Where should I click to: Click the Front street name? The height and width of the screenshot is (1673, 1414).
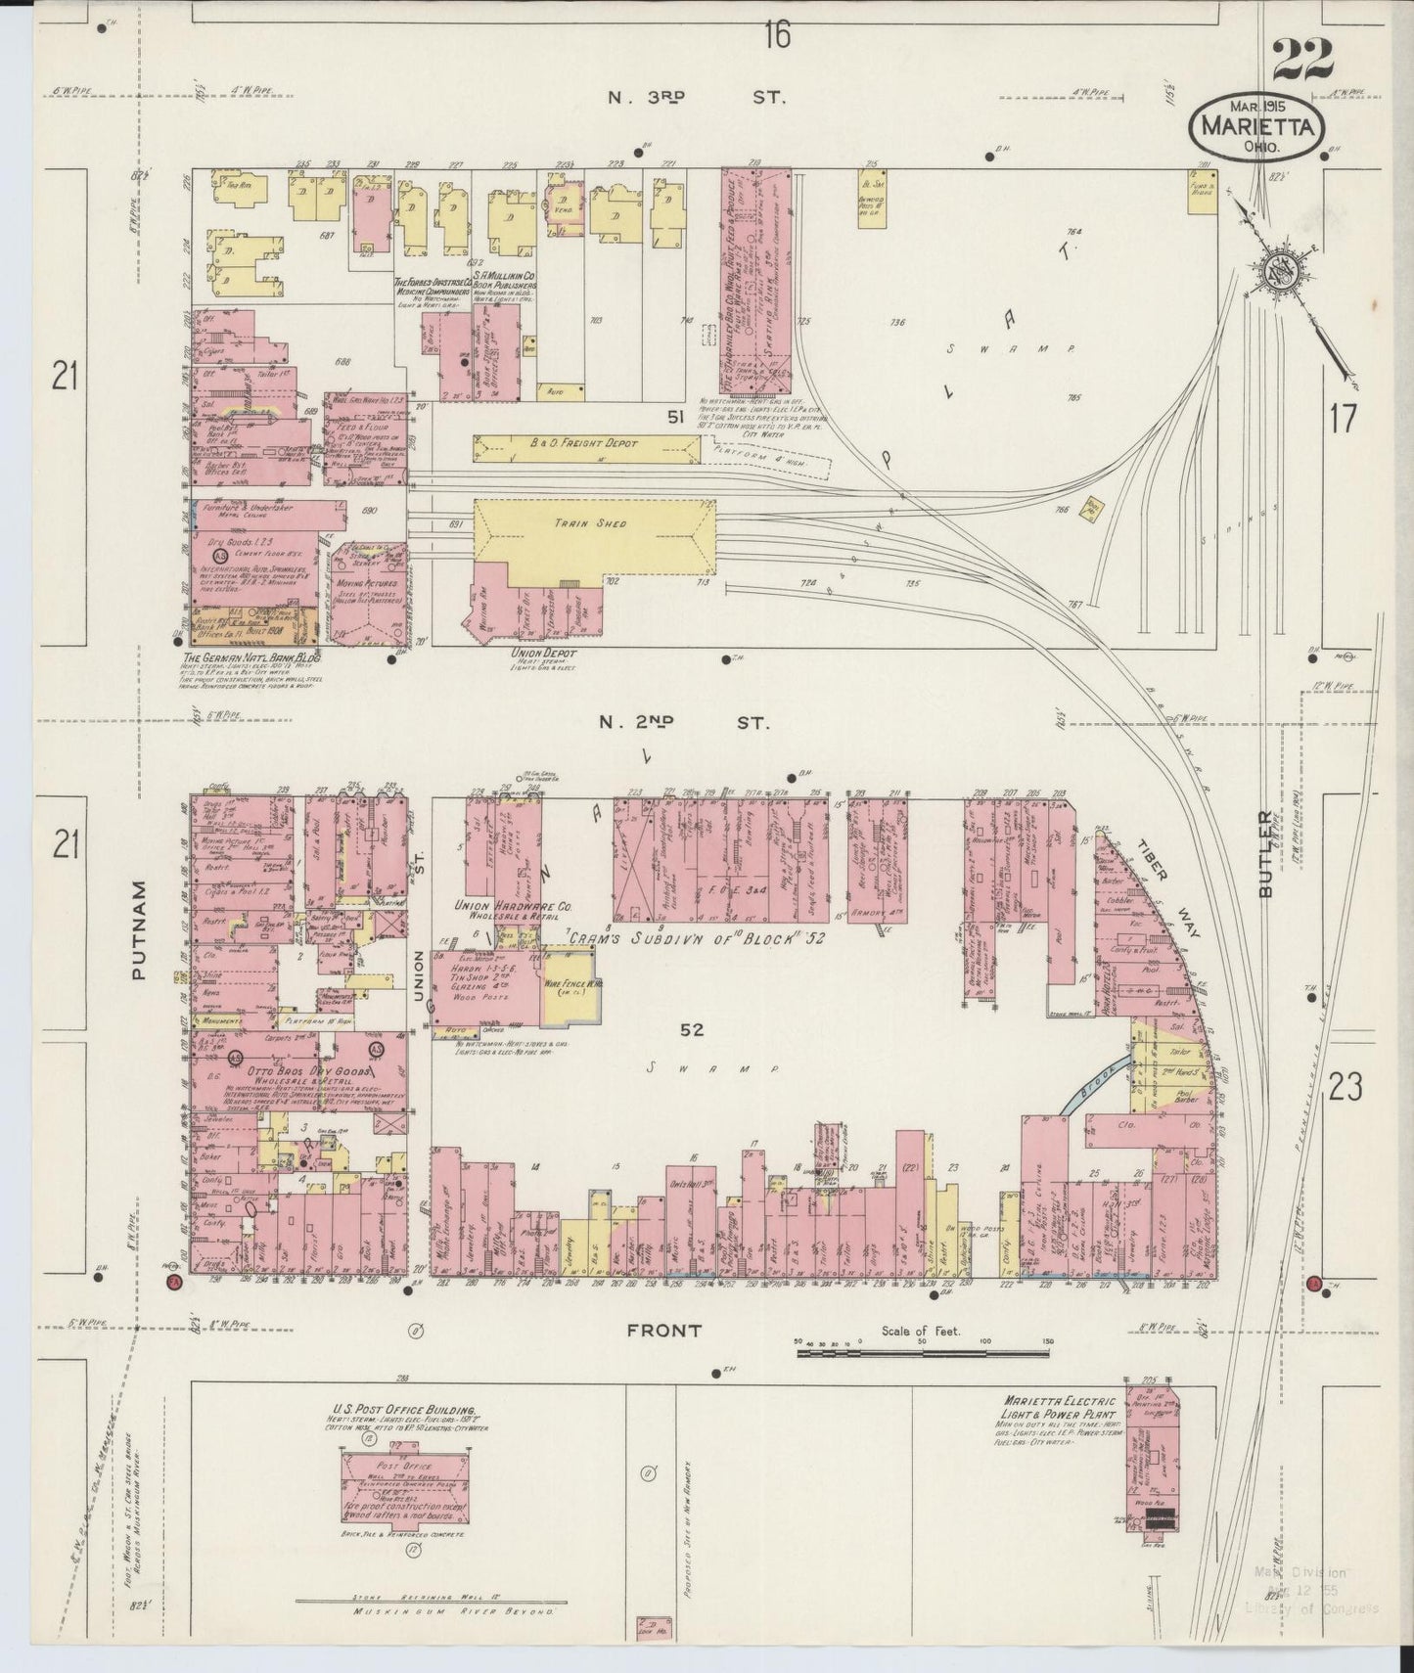click(x=664, y=1331)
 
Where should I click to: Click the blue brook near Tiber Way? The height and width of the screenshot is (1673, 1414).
click(x=1095, y=1085)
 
